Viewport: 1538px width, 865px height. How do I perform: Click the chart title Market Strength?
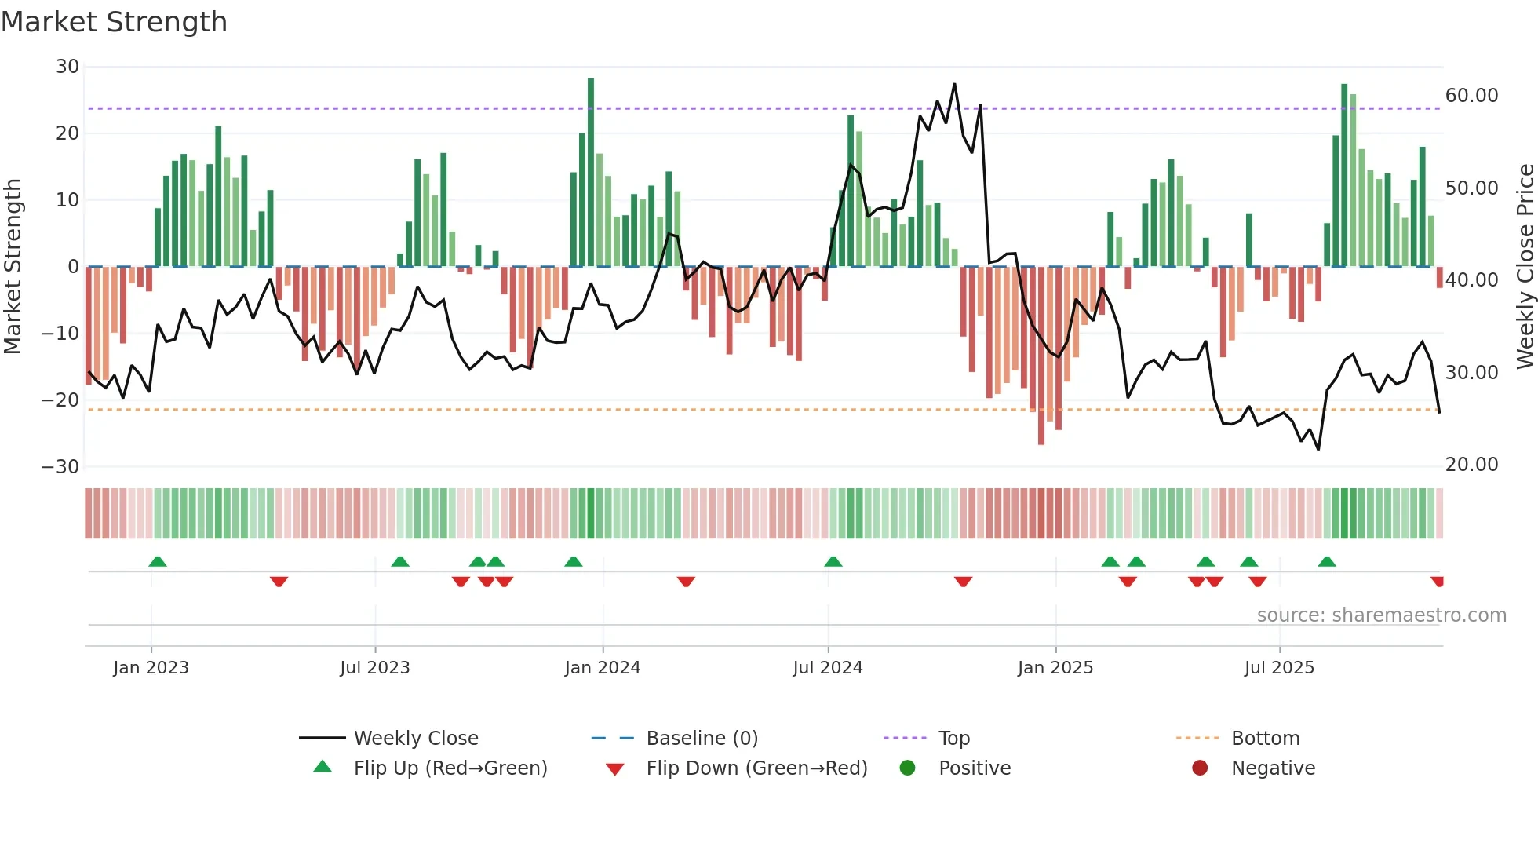click(114, 22)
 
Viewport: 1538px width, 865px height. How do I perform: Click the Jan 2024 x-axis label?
click(602, 668)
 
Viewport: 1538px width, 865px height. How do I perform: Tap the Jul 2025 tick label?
click(1278, 668)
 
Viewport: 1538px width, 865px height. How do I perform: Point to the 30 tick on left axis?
click(67, 67)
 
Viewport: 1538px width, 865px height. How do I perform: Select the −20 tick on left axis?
click(60, 400)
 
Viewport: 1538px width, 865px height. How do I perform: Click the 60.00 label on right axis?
click(1471, 96)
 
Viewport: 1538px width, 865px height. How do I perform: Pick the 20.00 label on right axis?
click(1471, 465)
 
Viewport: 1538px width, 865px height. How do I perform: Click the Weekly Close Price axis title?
click(1525, 266)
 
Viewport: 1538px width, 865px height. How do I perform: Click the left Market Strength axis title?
click(13, 266)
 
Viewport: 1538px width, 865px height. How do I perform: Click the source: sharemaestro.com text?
click(1381, 615)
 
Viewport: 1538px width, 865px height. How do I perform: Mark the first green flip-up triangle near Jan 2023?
click(158, 561)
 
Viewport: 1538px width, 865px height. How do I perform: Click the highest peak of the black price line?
click(954, 85)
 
